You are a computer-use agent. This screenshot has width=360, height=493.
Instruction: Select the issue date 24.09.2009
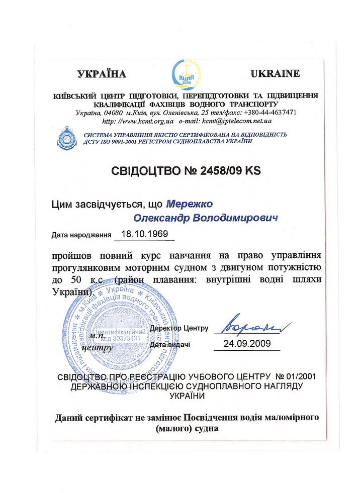pyautogui.click(x=246, y=344)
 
